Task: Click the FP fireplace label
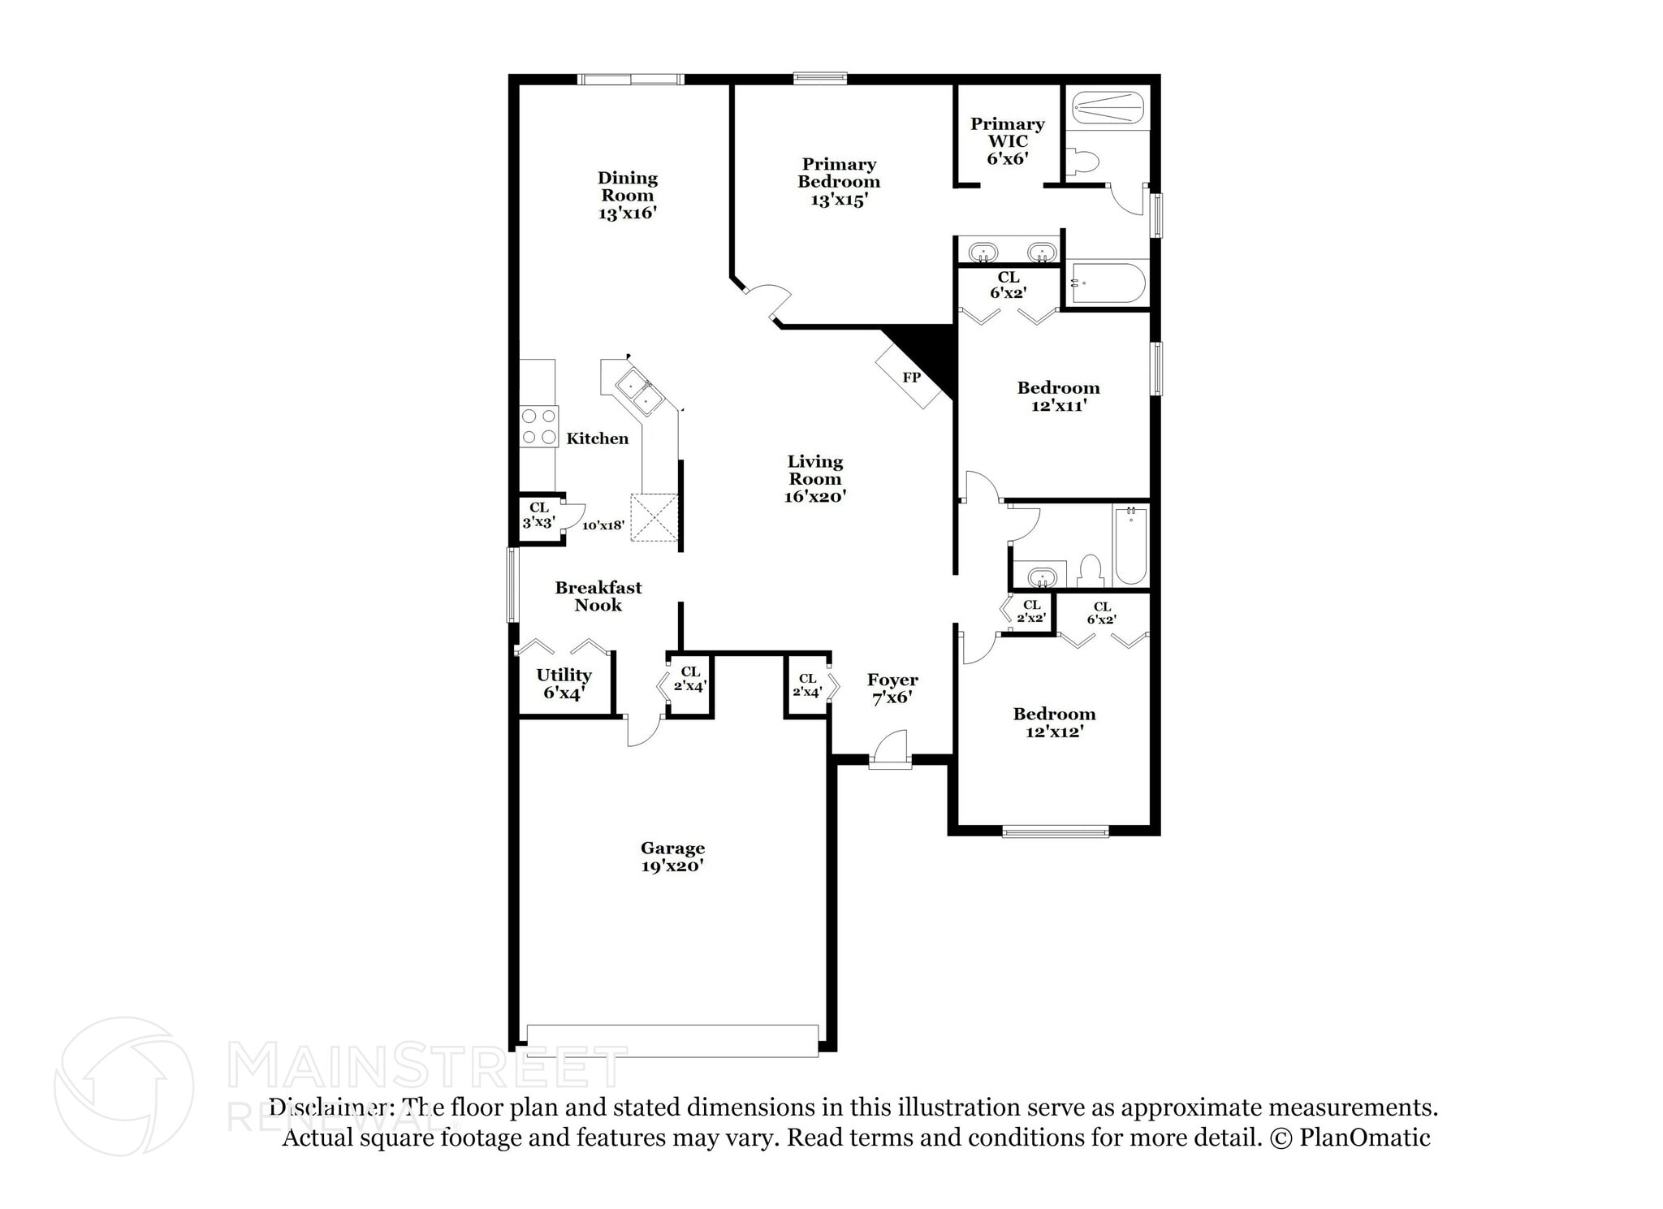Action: pos(911,378)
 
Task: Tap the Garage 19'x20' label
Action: pos(672,857)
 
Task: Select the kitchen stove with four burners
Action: pos(539,426)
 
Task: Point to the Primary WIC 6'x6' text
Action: pos(1007,140)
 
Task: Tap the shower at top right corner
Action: pos(1108,107)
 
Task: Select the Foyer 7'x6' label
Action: pos(892,689)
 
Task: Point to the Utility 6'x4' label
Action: pos(564,684)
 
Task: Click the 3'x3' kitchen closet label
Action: pos(538,516)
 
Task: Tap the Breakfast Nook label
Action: pos(598,596)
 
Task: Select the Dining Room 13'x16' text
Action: pos(627,195)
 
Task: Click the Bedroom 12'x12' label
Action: pos(1054,722)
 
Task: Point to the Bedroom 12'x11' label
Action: pos(1058,396)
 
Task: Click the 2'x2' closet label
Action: pos(1031,611)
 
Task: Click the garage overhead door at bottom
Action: pos(672,1040)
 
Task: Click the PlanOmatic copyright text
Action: pos(1350,1138)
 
